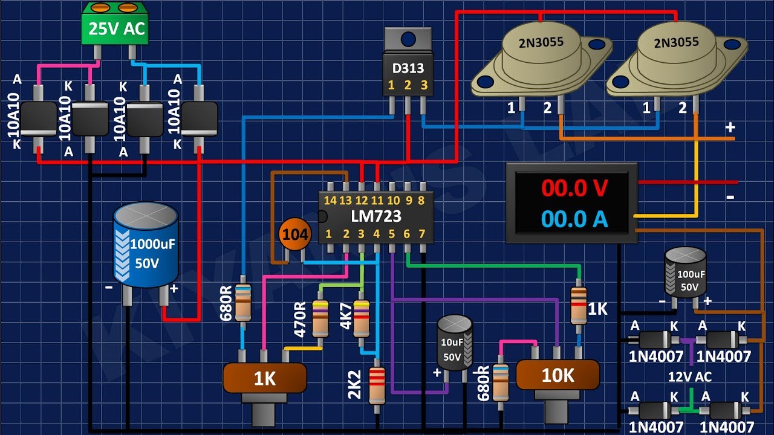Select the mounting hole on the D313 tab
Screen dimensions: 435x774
coord(408,39)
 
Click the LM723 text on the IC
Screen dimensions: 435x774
coord(376,216)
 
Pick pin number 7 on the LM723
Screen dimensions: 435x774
coord(422,234)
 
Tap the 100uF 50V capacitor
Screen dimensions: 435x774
coord(685,272)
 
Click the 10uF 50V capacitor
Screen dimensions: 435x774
coord(455,341)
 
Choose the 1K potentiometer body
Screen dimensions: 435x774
coord(264,379)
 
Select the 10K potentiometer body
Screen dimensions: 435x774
coord(557,375)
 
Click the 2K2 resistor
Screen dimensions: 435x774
coord(376,385)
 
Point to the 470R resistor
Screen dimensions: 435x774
coord(320,318)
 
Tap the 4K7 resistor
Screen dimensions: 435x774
coord(361,318)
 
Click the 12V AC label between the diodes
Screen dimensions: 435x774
coord(689,376)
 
